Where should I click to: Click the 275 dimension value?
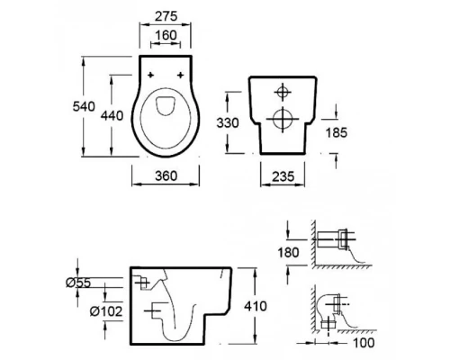coord(166,16)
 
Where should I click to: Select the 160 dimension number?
coord(166,35)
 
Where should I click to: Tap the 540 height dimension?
coord(84,106)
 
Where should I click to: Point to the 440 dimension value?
coord(112,115)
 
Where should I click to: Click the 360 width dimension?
coord(166,175)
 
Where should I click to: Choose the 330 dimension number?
coord(228,122)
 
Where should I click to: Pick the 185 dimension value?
coord(337,132)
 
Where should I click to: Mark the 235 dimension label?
coord(283,176)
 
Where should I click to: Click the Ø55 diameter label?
coord(78,283)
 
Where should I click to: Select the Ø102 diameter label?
coord(106,311)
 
